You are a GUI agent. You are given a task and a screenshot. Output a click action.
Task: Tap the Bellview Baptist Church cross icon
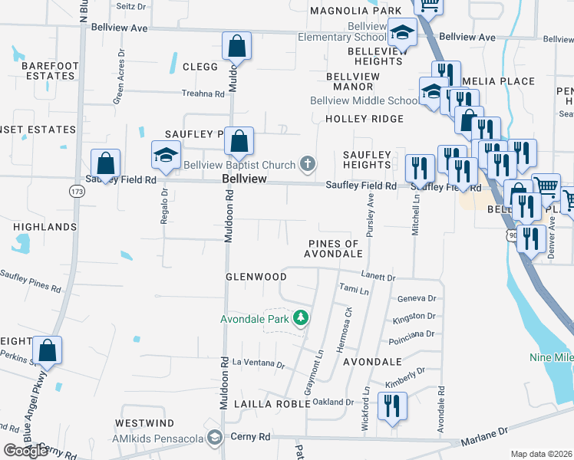308,163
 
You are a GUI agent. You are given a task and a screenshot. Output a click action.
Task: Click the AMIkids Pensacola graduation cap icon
216,437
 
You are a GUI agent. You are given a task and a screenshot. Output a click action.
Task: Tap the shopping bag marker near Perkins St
48,351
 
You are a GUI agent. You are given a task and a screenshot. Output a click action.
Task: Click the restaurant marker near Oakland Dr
392,406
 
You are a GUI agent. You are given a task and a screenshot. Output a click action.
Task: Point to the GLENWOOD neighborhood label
256,277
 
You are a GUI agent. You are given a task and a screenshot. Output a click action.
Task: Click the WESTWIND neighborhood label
145,423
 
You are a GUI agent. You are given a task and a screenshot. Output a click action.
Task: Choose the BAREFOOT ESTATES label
50,71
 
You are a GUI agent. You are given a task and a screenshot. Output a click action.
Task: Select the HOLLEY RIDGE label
364,119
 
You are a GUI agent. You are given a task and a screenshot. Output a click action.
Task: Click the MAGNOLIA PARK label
355,10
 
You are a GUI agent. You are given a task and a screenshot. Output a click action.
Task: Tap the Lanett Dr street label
379,277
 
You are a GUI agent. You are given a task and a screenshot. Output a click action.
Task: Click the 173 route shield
76,189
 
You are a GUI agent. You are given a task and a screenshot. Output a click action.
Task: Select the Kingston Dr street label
414,316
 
